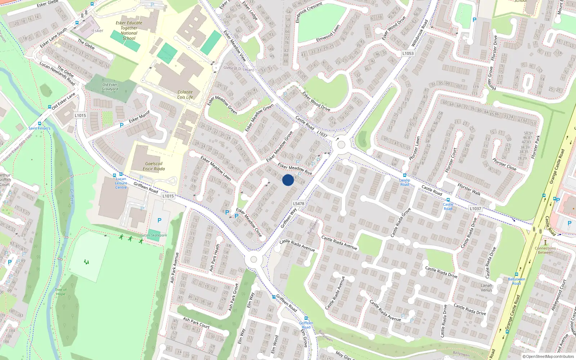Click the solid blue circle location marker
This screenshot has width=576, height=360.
(x=288, y=180)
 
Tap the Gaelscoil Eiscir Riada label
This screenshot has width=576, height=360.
(x=154, y=166)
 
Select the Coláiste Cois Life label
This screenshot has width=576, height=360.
(x=185, y=94)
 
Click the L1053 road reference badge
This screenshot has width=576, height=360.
(x=408, y=53)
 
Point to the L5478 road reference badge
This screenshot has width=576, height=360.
(x=298, y=203)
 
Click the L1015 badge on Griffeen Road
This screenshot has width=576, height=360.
(x=168, y=196)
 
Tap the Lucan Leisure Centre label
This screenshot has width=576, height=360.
(x=121, y=183)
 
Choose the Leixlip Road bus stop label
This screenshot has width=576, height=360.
(x=405, y=182)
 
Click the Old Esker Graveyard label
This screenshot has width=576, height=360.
(x=110, y=87)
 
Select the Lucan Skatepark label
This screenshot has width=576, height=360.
(x=154, y=235)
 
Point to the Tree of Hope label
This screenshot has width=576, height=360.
(x=61, y=292)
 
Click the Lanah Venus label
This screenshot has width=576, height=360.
(x=486, y=288)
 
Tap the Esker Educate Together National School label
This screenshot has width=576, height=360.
(x=129, y=30)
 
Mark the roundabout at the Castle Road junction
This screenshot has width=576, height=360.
(x=341, y=145)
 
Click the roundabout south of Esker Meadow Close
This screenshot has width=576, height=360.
(x=254, y=260)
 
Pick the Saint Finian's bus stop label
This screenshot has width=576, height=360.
(x=39, y=128)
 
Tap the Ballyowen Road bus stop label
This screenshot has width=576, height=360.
(x=517, y=281)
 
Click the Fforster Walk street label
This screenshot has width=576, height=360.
(x=469, y=189)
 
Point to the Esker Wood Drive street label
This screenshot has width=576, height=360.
(x=316, y=101)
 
